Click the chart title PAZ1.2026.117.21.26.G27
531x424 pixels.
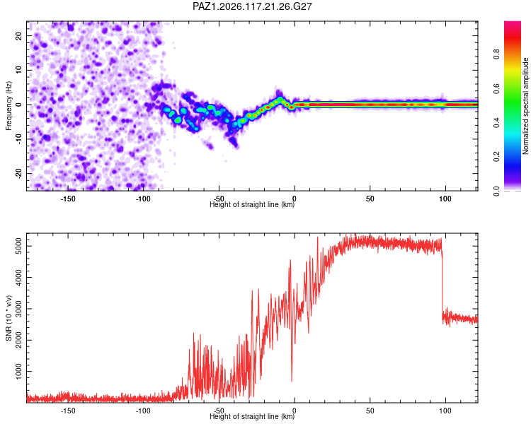252,6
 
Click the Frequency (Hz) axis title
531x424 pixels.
8,106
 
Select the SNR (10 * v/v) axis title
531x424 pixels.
8,318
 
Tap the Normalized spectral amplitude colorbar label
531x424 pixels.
525,106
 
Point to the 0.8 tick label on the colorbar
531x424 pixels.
496,54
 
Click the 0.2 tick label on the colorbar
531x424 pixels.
496,157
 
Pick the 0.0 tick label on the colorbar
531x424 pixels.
496,191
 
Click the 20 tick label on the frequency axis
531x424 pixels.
18,36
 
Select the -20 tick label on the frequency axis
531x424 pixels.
18,174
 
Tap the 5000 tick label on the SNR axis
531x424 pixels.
18,246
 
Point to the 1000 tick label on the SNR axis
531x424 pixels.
18,372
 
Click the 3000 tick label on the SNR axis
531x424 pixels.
18,309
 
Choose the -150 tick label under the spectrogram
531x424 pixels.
68,199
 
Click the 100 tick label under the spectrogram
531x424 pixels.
445,199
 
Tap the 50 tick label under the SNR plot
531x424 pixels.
370,411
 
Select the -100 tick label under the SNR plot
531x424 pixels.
143,411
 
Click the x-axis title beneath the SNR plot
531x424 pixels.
252,416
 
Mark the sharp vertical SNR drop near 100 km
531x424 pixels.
442,284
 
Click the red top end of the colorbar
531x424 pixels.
513,23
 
